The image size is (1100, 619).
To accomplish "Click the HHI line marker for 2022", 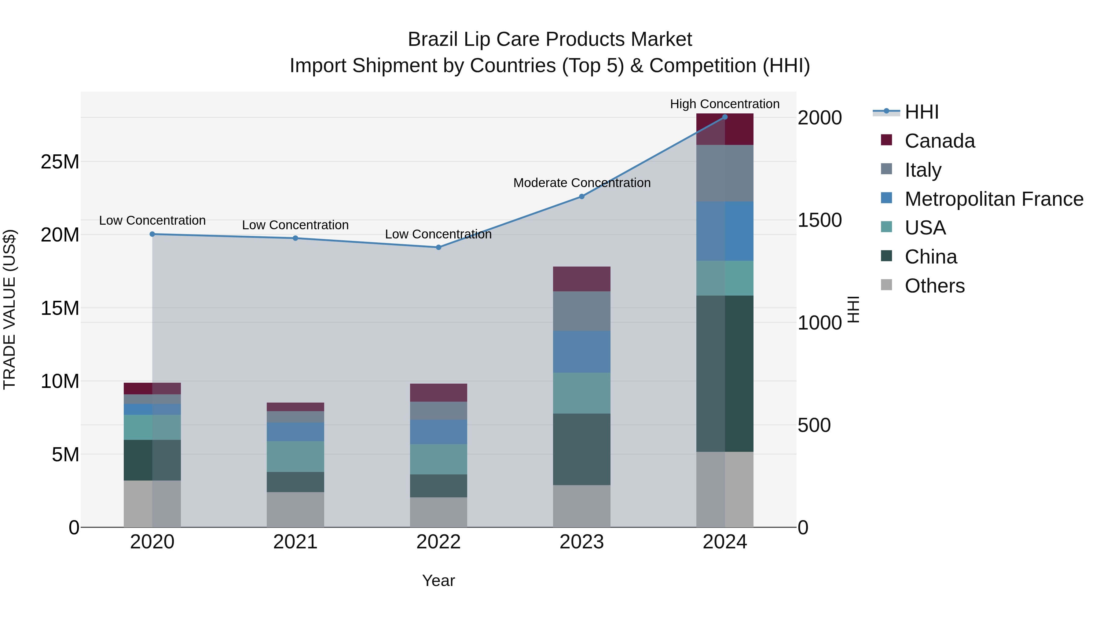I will coord(438,247).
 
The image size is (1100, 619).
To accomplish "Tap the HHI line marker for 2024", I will coord(725,117).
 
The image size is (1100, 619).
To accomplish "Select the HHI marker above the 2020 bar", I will coord(152,234).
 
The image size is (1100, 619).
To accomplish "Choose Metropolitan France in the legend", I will coord(993,199).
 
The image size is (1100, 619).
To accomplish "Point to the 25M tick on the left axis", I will coord(60,162).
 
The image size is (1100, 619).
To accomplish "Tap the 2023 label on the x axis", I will coord(581,542).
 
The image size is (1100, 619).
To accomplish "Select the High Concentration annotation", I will coord(725,104).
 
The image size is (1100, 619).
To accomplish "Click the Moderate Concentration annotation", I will coord(581,183).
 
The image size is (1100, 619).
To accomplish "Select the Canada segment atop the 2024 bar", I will coord(725,129).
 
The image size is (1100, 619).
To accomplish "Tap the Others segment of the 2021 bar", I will coord(295,509).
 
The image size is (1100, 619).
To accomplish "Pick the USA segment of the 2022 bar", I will coord(438,459).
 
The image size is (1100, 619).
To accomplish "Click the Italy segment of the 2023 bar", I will coord(581,311).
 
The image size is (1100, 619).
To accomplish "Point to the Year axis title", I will coord(438,580).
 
